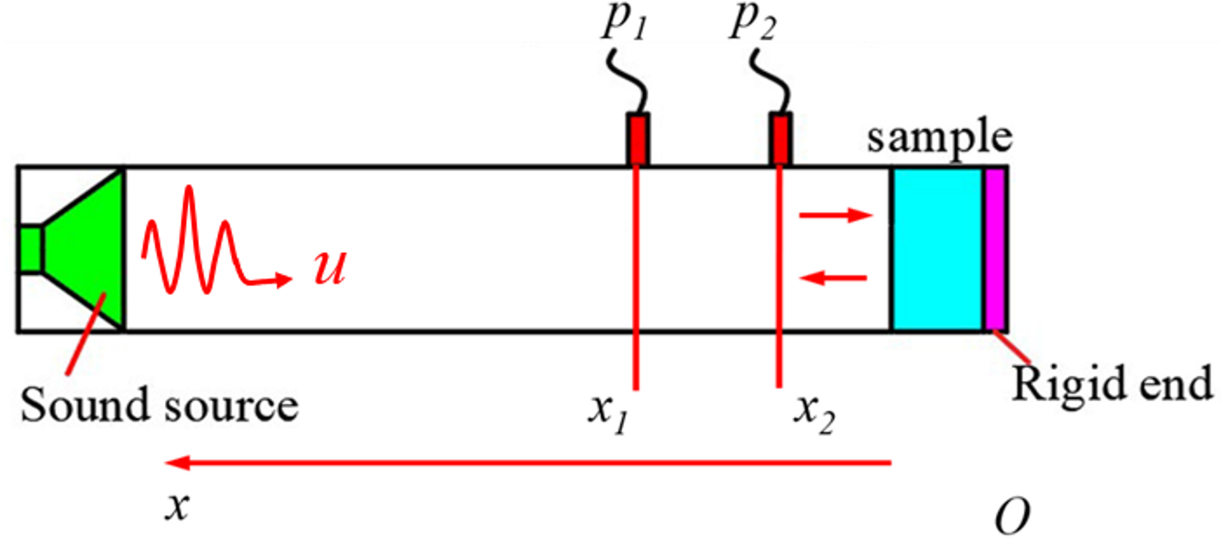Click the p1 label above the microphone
(624, 22)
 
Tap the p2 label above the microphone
(753, 22)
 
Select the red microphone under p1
(637, 139)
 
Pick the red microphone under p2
(780, 139)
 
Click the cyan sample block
(936, 249)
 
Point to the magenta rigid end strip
(995, 249)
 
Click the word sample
(939, 139)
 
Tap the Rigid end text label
(1112, 384)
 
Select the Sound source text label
(159, 405)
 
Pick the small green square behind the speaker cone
(30, 249)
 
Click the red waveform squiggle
(195, 243)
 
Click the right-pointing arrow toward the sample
(835, 215)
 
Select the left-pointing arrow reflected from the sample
(833, 279)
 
